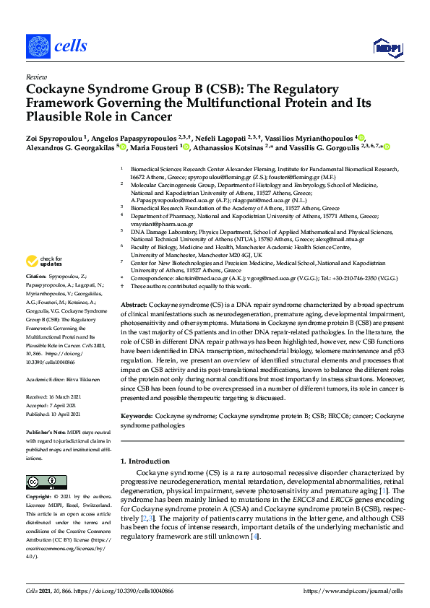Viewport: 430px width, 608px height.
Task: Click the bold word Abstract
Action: pos(134,306)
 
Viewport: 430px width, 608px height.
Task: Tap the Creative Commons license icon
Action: pos(42,482)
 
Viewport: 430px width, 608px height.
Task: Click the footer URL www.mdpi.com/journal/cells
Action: pos(353,591)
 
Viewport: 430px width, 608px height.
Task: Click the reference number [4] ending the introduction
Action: pos(254,537)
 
